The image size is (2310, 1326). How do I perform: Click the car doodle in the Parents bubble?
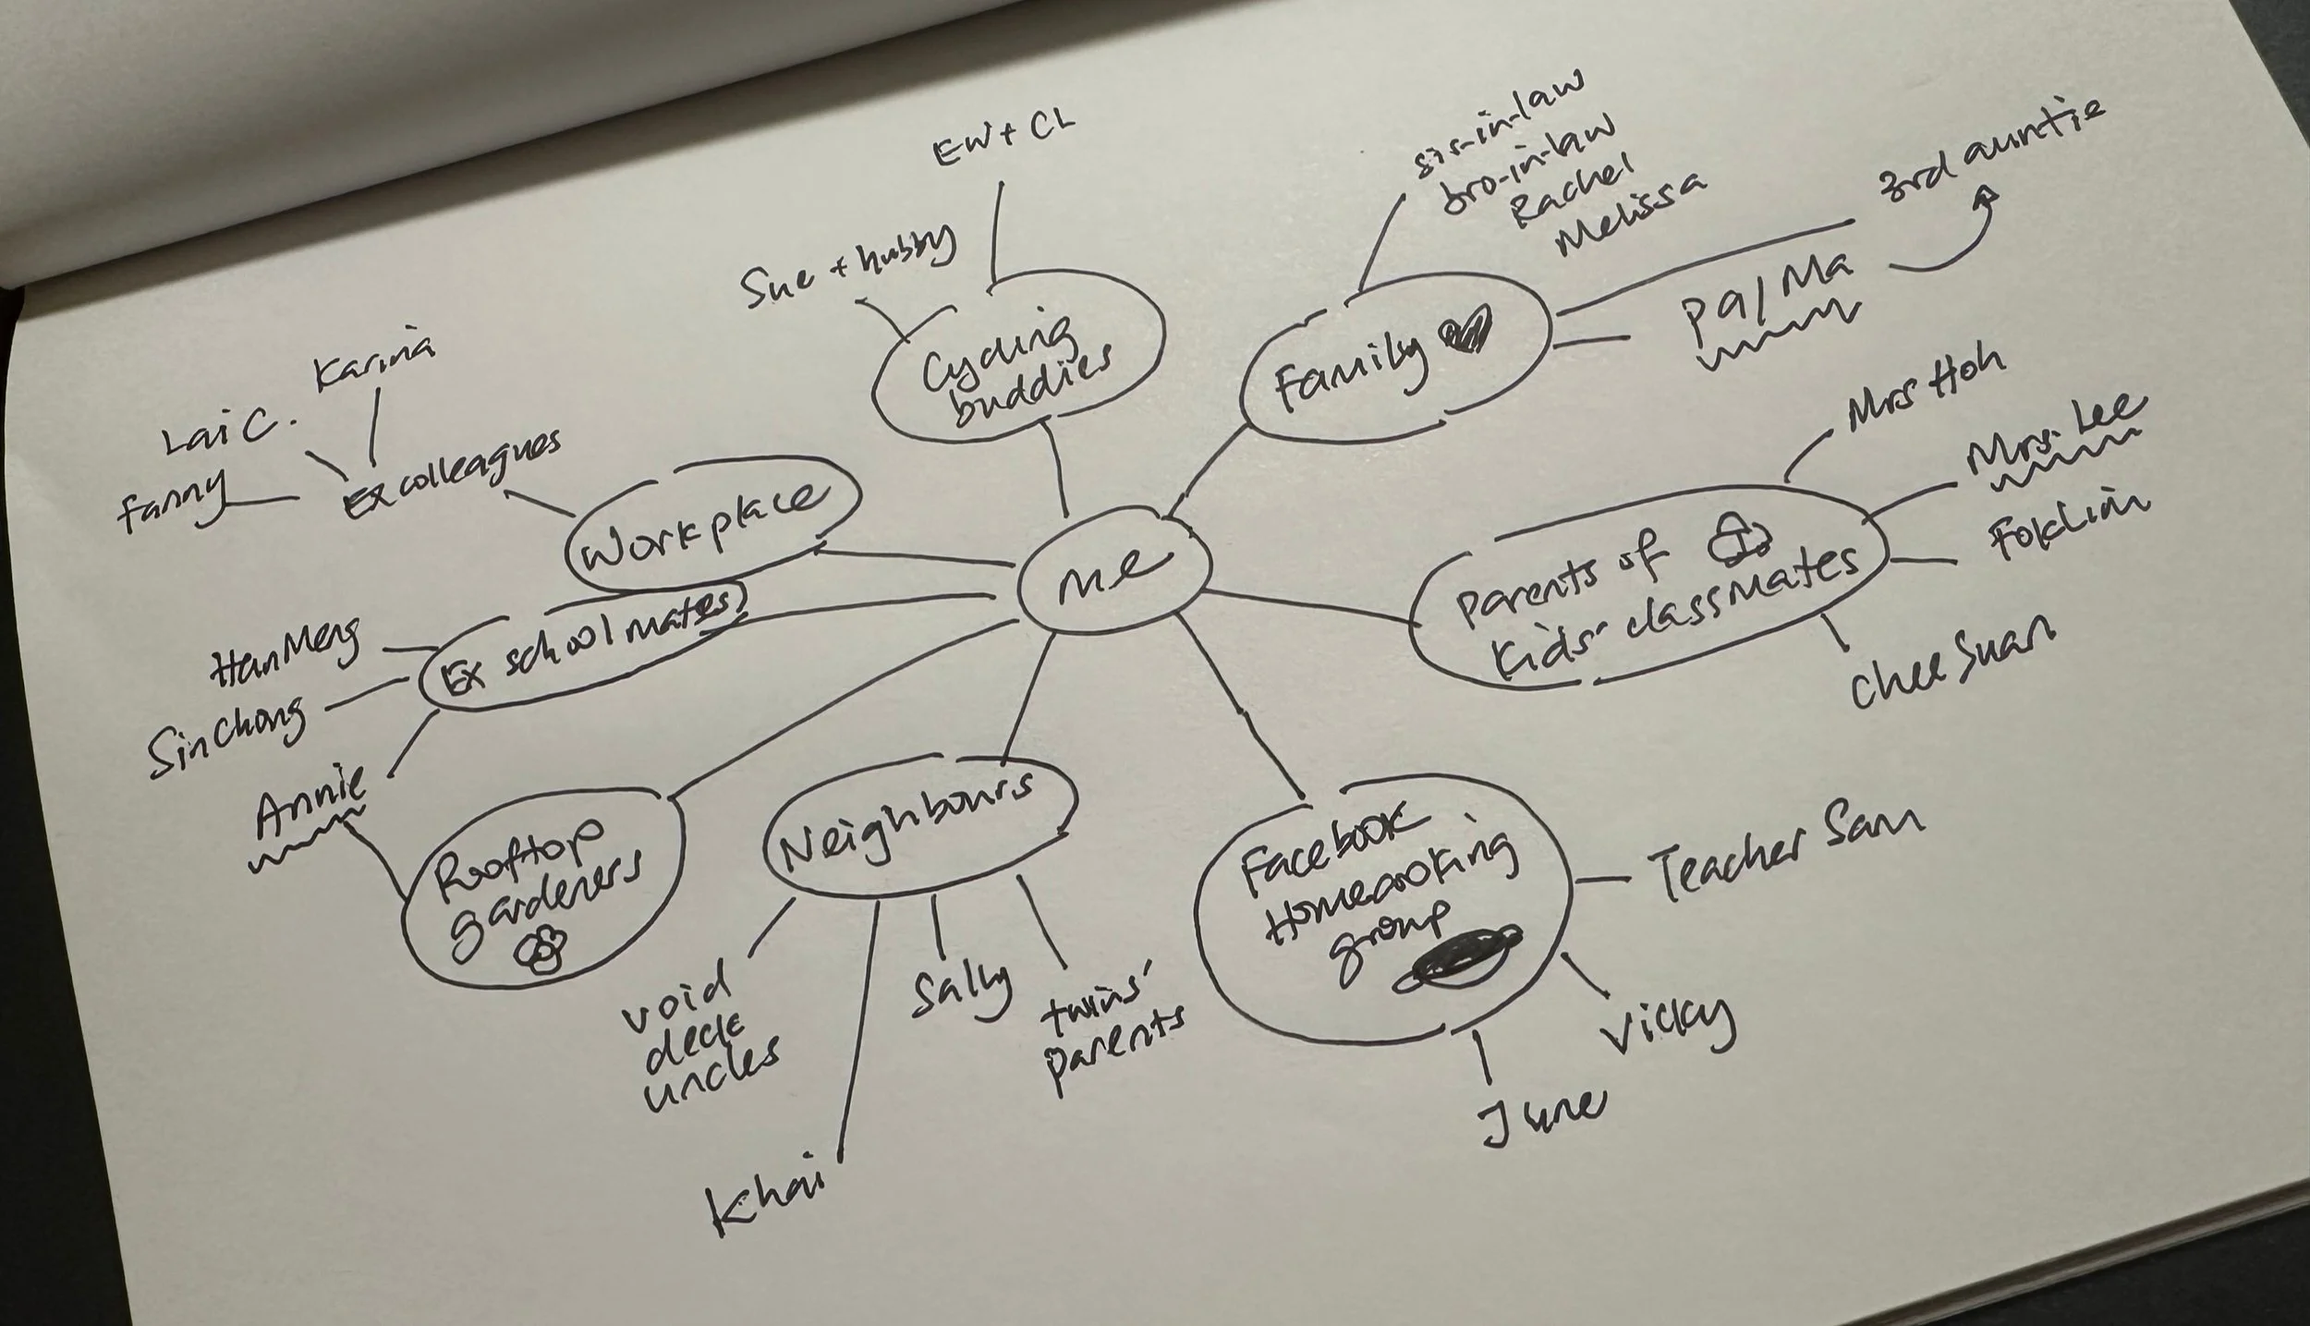(x=1735, y=540)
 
